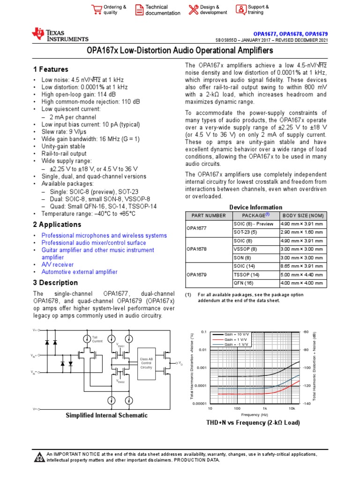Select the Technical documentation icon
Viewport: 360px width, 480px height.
139,10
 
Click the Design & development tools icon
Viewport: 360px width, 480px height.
193,10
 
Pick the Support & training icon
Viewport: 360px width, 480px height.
240,10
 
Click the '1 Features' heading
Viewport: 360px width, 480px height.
51,69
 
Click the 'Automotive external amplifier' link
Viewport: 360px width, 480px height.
79,272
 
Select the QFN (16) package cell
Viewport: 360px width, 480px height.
243,283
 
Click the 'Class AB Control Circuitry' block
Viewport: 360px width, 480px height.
146,364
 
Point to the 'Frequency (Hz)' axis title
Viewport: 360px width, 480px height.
255,415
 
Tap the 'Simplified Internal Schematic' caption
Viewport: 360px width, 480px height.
106,415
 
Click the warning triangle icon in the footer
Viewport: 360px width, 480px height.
39,457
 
